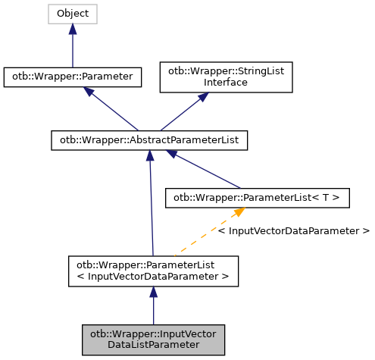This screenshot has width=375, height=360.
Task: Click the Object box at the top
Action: (x=73, y=14)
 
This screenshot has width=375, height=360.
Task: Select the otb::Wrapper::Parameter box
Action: (x=73, y=77)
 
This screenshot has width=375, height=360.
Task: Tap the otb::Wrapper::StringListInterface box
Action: (x=226, y=77)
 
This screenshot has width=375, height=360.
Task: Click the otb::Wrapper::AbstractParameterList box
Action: (x=150, y=139)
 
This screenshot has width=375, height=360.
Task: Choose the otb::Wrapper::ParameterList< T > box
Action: (x=258, y=198)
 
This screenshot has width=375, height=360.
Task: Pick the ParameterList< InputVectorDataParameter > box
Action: (x=153, y=271)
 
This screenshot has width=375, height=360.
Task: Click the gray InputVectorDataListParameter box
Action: (x=153, y=339)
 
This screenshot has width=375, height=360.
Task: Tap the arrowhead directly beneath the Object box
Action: (x=73, y=29)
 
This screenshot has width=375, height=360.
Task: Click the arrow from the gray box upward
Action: (x=153, y=306)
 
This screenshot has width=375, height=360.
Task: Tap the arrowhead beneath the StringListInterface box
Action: (x=203, y=98)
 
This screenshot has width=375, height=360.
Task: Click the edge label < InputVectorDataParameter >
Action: (x=293, y=230)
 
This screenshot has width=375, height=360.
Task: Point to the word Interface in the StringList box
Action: (x=226, y=82)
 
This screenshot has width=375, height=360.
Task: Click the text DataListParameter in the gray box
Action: (x=153, y=344)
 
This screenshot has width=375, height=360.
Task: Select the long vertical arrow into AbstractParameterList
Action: (x=152, y=205)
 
